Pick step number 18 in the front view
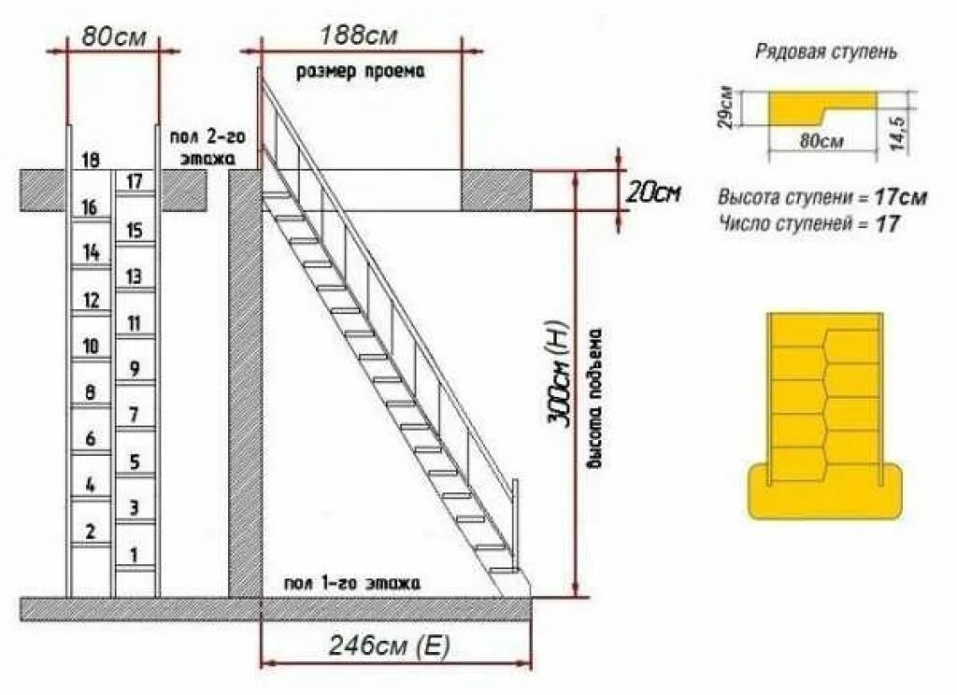point(91,160)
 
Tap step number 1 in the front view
point(134,555)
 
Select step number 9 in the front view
point(134,368)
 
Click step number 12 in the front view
point(91,300)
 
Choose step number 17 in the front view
point(134,181)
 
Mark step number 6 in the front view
point(91,438)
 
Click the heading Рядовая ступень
point(826,52)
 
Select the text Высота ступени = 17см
point(822,198)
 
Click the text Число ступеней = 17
point(809,223)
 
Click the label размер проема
point(360,71)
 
